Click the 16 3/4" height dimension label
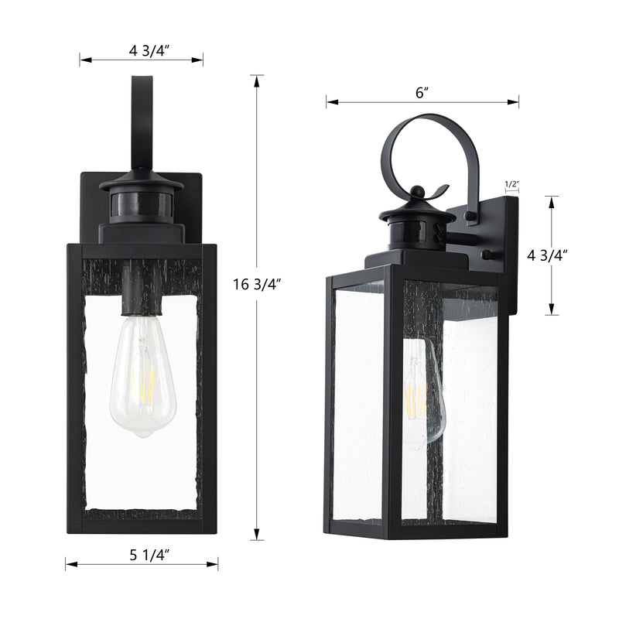tap(257, 284)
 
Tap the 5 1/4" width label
tap(149, 555)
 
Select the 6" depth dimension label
tap(422, 93)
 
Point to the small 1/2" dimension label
tap(511, 184)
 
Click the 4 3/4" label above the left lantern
tap(149, 51)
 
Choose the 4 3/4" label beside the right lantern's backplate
tap(547, 256)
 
